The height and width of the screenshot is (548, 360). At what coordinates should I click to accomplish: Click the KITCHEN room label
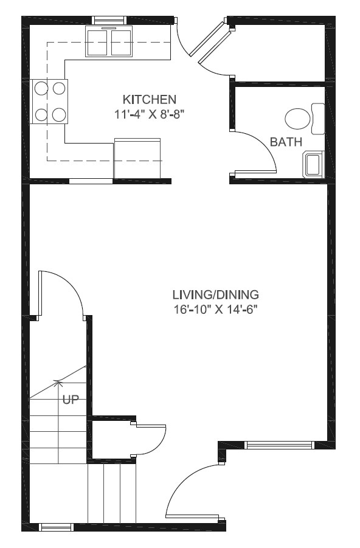tap(150, 99)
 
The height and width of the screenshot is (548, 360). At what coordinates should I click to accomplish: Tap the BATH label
tap(286, 142)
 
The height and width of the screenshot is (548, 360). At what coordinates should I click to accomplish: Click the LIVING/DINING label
tap(216, 295)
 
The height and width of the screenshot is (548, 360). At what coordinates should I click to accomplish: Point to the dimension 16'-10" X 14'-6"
tap(216, 309)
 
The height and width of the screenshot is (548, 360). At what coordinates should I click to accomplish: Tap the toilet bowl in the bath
tap(297, 118)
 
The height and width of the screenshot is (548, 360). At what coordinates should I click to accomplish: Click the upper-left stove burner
tap(41, 89)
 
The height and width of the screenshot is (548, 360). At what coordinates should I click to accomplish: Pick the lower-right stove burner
tap(59, 114)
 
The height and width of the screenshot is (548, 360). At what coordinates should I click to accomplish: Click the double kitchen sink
tap(109, 42)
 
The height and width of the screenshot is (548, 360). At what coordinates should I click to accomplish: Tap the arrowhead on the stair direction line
tap(59, 383)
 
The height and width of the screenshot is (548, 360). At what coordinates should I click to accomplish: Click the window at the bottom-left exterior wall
tap(56, 527)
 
